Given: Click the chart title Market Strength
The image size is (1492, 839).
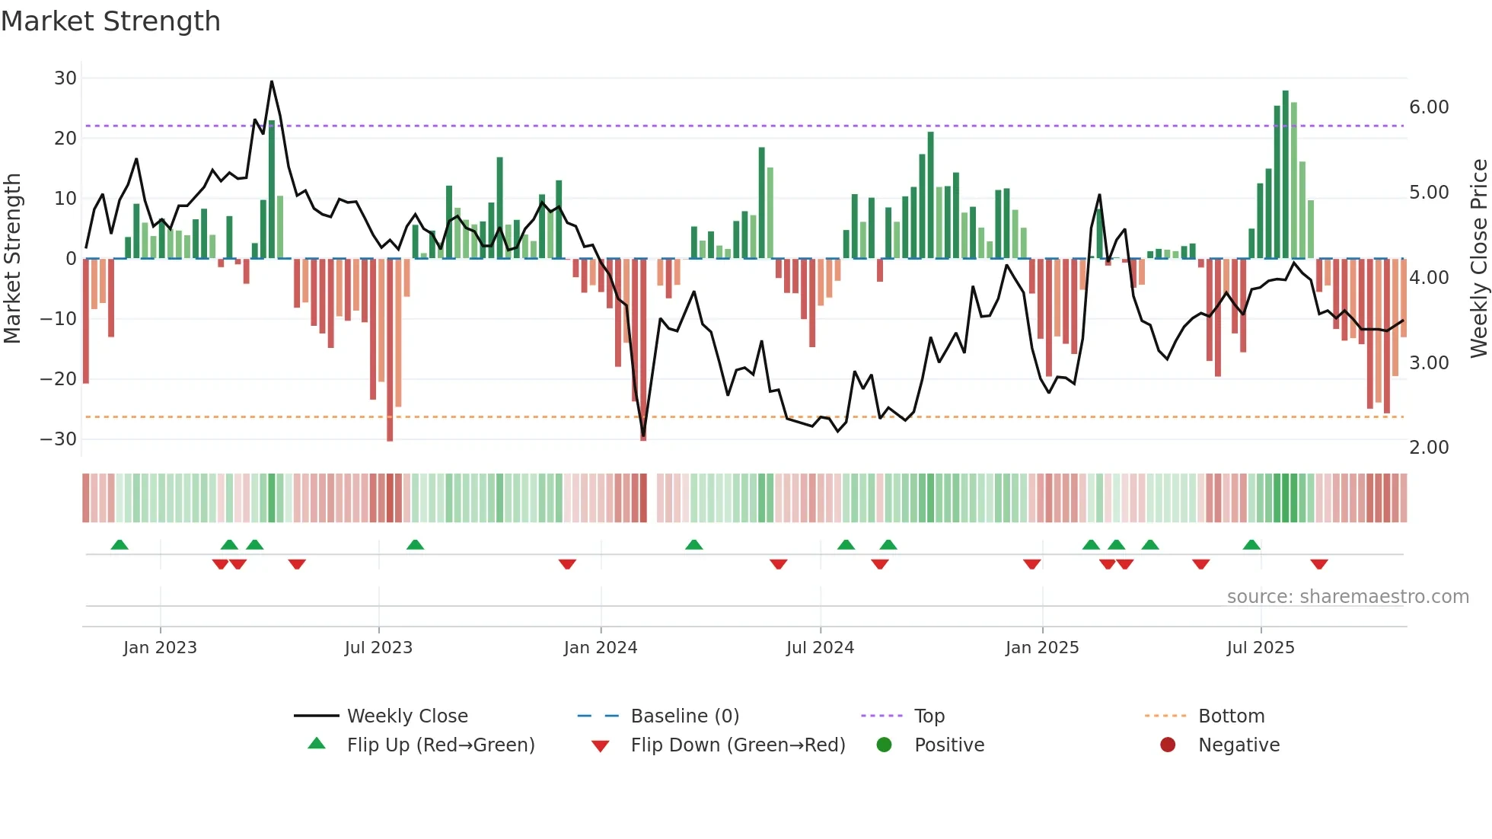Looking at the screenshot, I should click(110, 21).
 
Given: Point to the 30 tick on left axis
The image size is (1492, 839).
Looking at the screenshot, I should click(65, 78).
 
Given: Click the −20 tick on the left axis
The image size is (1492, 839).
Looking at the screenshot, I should click(59, 378).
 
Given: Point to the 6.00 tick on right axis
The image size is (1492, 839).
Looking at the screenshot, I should click(1429, 107).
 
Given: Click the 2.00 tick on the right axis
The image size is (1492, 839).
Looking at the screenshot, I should click(1429, 448).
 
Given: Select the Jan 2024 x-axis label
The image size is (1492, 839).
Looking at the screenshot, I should click(601, 648).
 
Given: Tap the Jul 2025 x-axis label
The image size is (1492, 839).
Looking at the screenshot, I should click(1261, 648).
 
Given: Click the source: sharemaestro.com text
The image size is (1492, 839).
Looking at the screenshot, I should click(1347, 597).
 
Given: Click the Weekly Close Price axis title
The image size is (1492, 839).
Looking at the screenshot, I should click(1478, 258).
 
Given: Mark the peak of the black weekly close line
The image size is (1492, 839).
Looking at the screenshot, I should click(272, 81).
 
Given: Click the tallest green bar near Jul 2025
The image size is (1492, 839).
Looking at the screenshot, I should click(1286, 174).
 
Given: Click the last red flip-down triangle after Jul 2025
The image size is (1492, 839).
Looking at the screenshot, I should click(1319, 564).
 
